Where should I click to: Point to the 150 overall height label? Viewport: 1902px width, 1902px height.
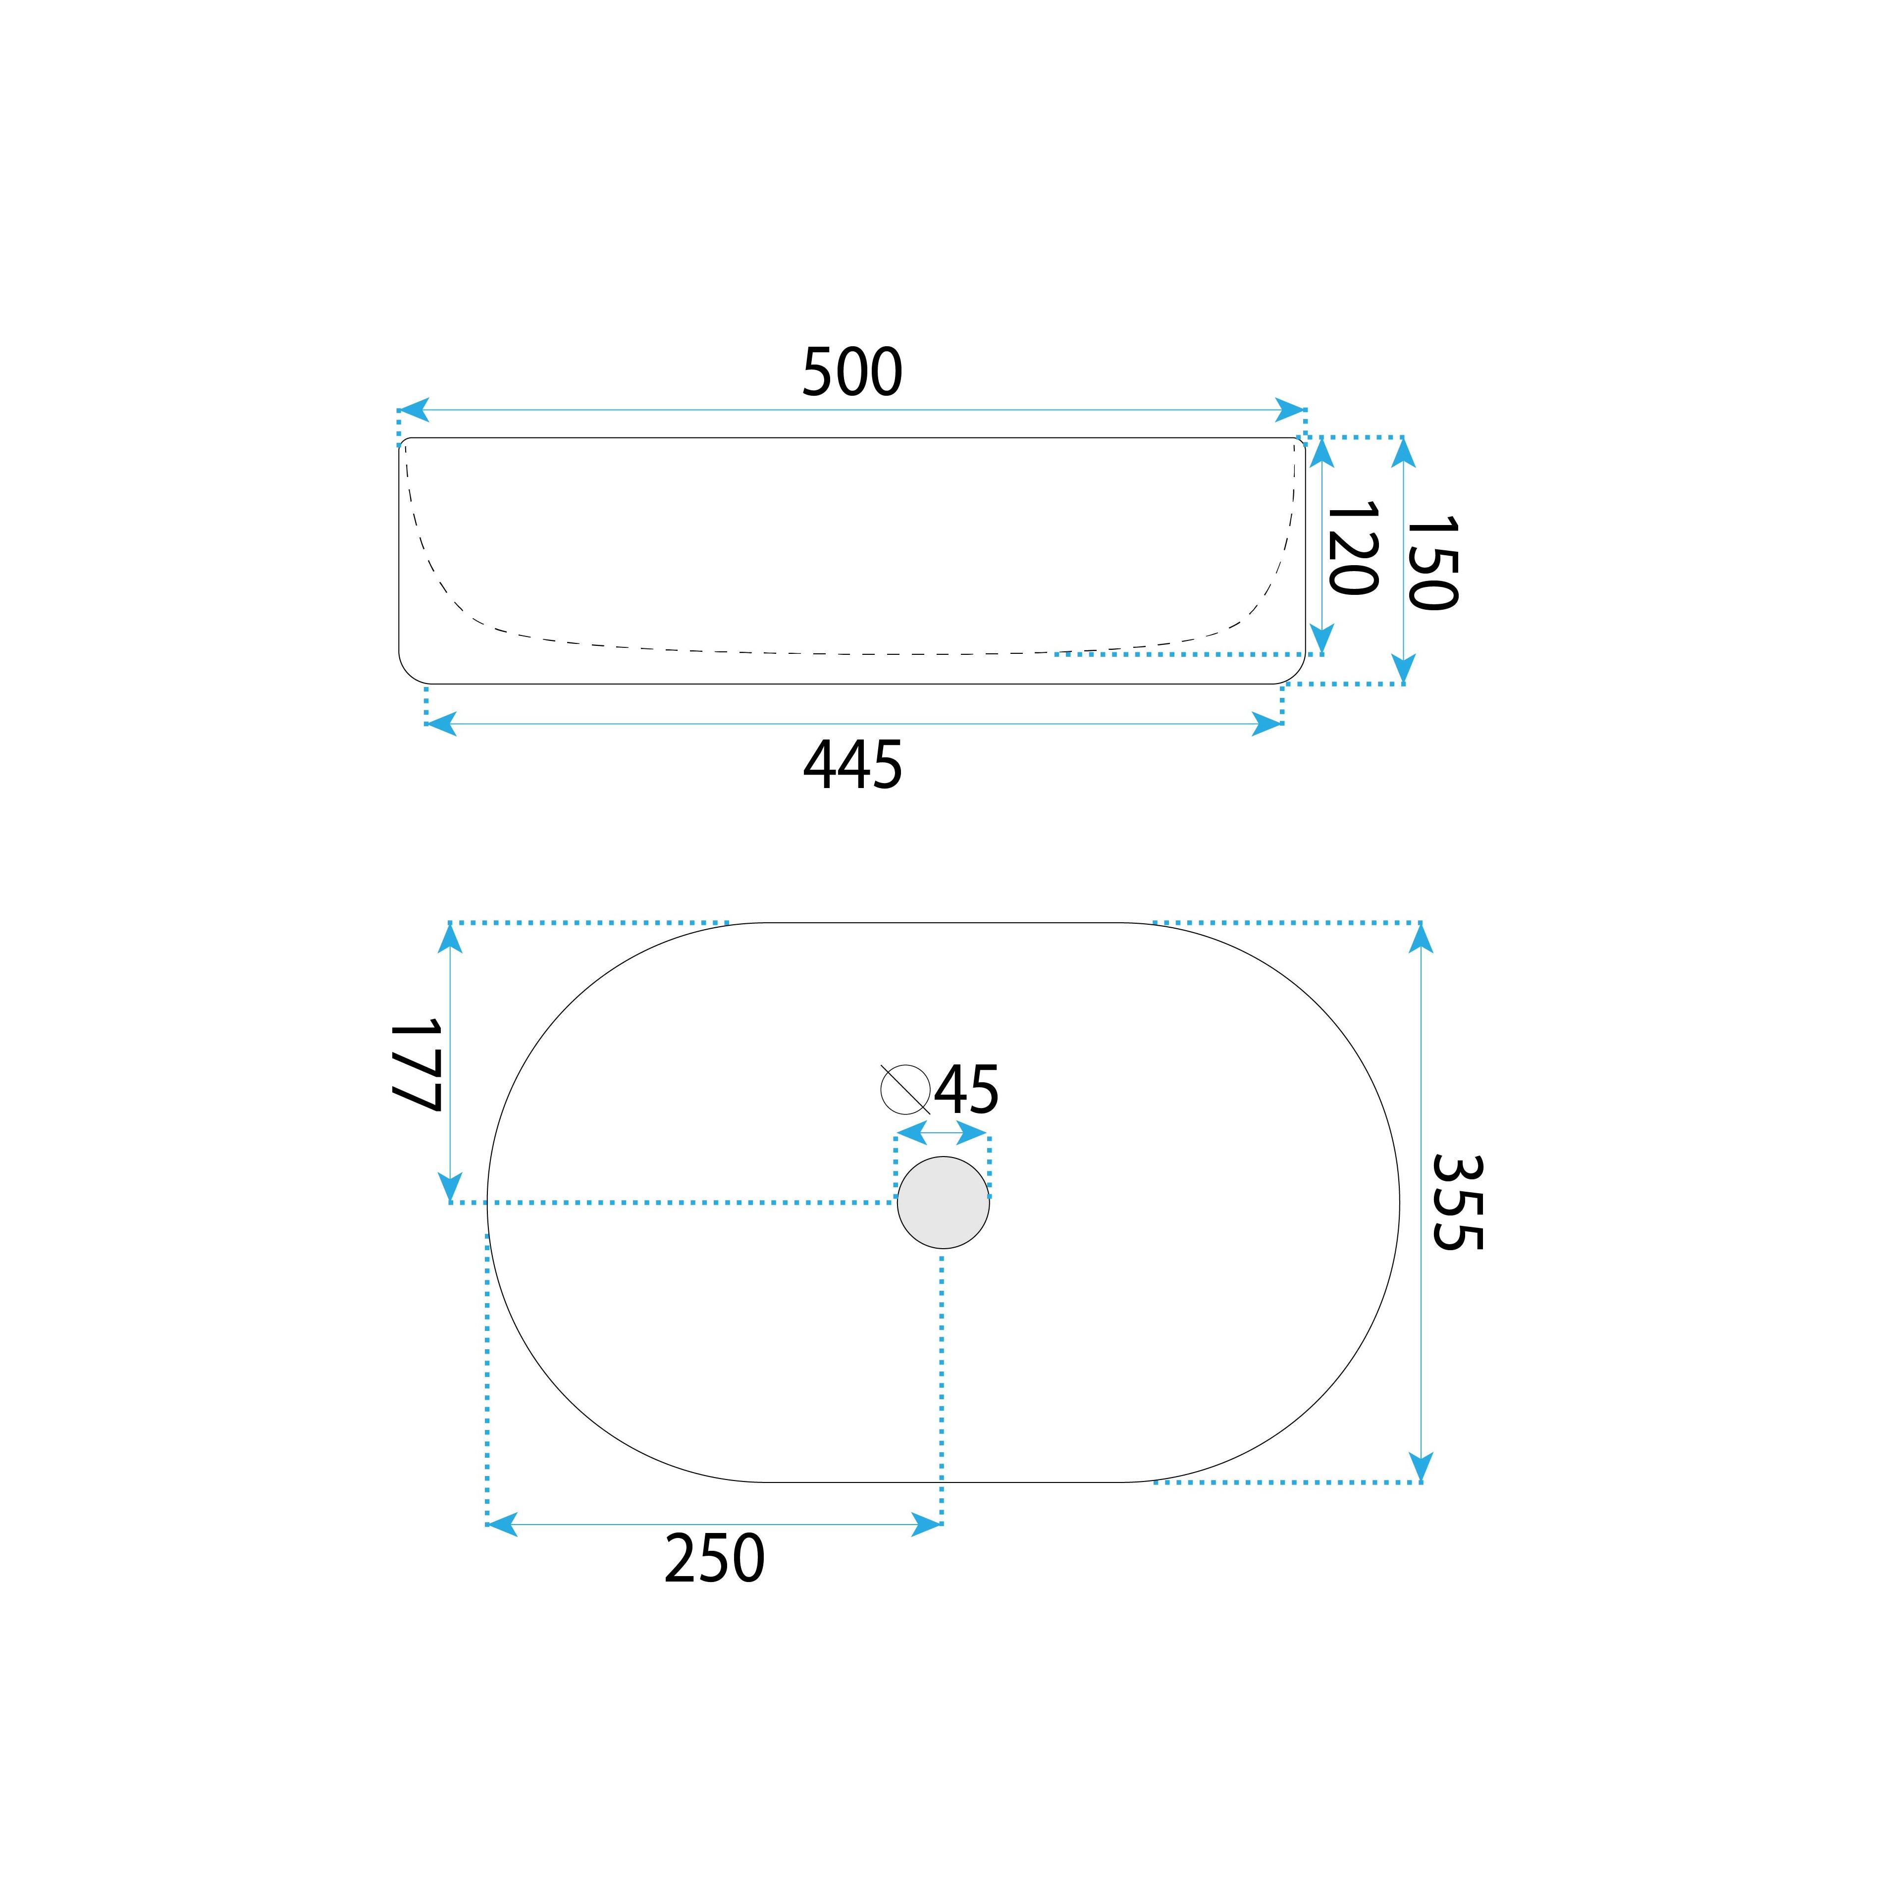coord(1430,562)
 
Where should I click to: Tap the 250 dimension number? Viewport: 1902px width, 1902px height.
coord(715,1558)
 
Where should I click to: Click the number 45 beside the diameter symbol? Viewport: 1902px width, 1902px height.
coord(967,1090)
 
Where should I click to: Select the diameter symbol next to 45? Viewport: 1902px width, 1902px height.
coord(905,1089)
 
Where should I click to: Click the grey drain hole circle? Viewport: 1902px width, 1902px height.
coord(943,1202)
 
